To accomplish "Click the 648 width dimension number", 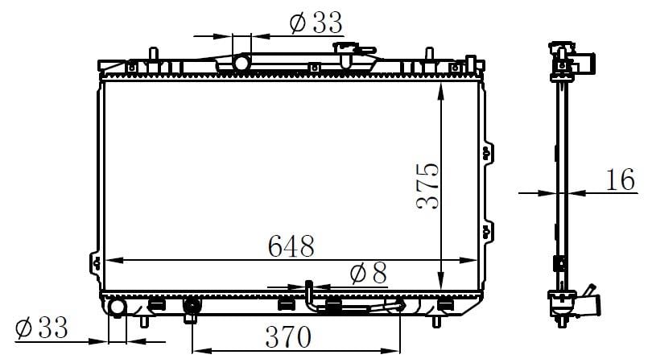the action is (291, 246).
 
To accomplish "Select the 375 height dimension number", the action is (428, 186).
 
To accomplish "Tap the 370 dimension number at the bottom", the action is (288, 336).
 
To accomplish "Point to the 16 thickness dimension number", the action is (620, 179).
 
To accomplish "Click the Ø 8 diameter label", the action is (368, 274).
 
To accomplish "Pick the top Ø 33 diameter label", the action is (316, 23).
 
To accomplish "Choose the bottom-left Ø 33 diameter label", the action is (41, 328).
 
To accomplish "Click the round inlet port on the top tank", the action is (241, 64).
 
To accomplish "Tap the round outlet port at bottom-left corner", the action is (117, 308).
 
